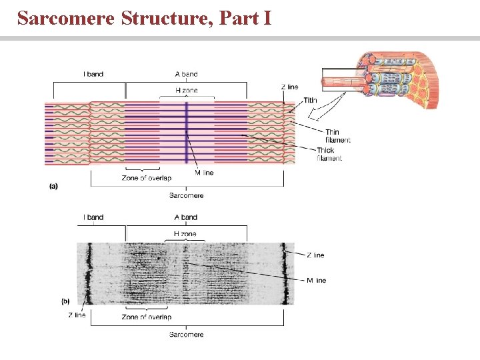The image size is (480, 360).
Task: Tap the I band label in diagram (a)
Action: (93, 74)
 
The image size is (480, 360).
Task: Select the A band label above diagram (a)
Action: (185, 74)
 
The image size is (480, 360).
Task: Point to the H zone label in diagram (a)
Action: (185, 91)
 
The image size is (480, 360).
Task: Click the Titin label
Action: (311, 101)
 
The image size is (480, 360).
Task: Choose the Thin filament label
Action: (337, 136)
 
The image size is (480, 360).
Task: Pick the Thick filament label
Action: (329, 154)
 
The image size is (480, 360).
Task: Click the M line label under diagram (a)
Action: (205, 173)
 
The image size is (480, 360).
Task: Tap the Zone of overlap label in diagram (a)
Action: (146, 178)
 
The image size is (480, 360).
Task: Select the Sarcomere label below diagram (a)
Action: (186, 195)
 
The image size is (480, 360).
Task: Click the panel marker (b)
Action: (65, 301)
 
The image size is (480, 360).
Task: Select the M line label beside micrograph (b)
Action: (316, 281)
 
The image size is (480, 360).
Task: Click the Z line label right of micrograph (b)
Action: (315, 255)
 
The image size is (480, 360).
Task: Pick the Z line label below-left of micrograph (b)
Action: (77, 315)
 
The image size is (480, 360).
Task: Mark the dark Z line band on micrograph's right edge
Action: (285, 273)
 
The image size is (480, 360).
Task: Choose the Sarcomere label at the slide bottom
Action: (186, 334)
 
